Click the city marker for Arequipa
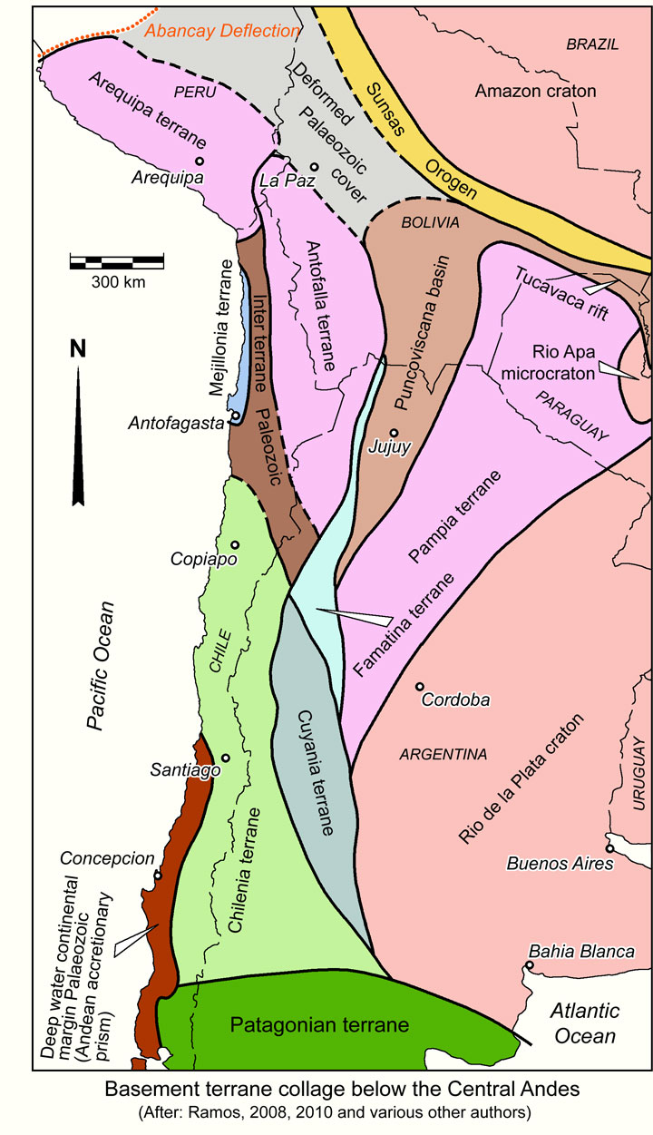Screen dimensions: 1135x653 coord(200,161)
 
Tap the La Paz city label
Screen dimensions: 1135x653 coord(280,181)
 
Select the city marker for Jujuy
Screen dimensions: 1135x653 coord(394,433)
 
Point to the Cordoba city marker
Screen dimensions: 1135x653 coord(419,687)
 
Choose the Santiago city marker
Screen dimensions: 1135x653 coord(225,758)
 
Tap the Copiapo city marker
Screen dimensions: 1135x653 coord(235,544)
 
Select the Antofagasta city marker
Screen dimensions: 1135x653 coord(235,416)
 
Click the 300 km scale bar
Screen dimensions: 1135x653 coord(117,263)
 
